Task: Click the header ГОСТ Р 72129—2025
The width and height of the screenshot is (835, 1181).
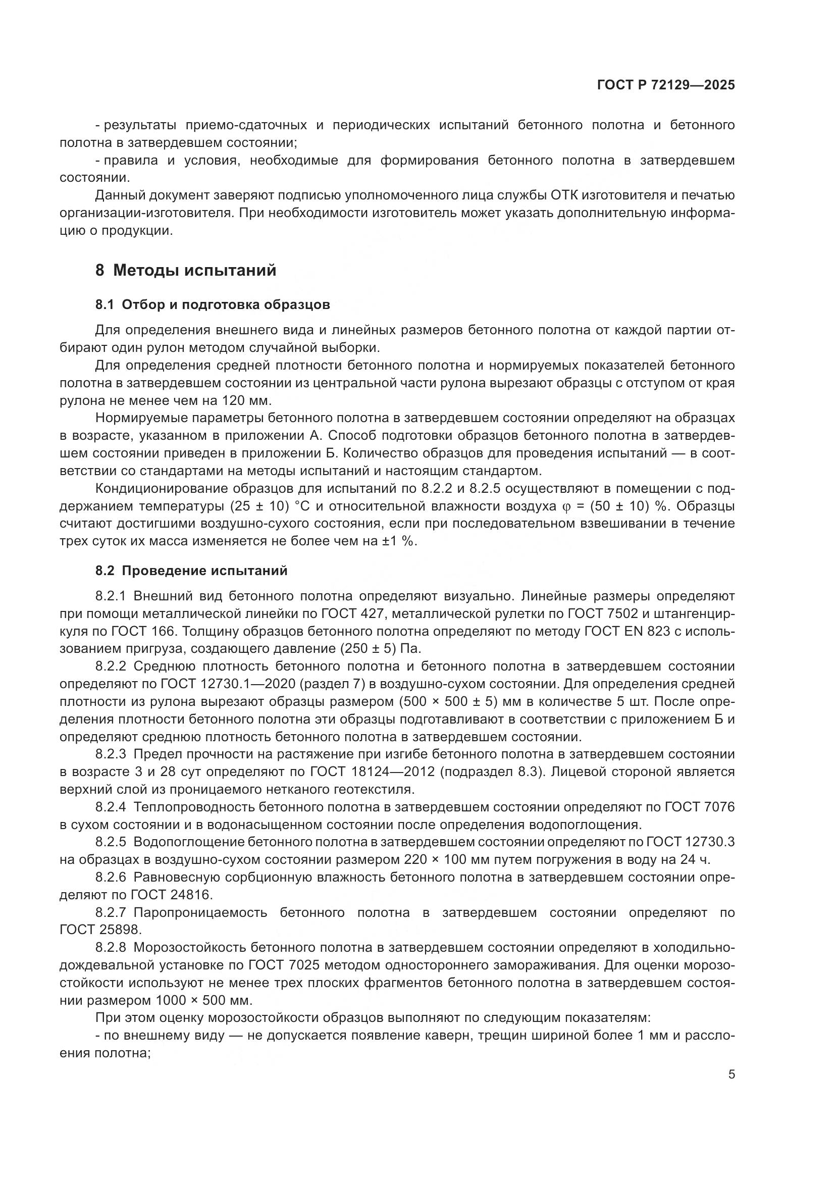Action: point(666,85)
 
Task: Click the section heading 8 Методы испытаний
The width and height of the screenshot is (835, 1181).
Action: point(186,271)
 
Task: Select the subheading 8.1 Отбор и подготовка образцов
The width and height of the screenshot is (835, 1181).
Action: point(213,305)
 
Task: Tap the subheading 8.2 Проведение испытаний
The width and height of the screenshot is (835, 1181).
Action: point(191,571)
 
